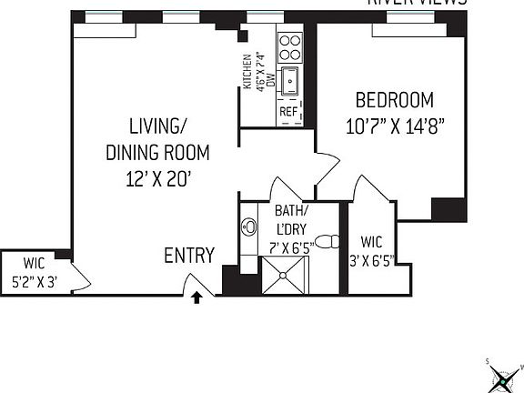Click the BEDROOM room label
click(x=394, y=100)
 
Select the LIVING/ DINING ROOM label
click(x=156, y=140)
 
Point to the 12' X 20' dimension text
click(x=156, y=178)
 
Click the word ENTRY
click(x=189, y=256)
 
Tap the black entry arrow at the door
click(x=196, y=297)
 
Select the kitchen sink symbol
click(x=290, y=81)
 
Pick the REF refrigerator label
click(x=288, y=112)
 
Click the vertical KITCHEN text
click(x=247, y=71)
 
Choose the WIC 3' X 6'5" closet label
click(x=371, y=250)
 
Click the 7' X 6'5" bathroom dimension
click(x=294, y=246)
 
